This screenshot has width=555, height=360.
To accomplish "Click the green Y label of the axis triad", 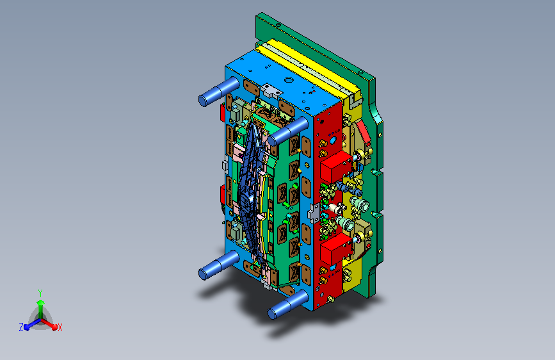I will click(40, 292).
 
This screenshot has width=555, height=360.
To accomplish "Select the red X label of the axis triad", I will click(60, 327).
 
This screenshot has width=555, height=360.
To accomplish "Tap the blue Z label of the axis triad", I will click(21, 327).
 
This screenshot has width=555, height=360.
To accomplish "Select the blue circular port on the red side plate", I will click(332, 139).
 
